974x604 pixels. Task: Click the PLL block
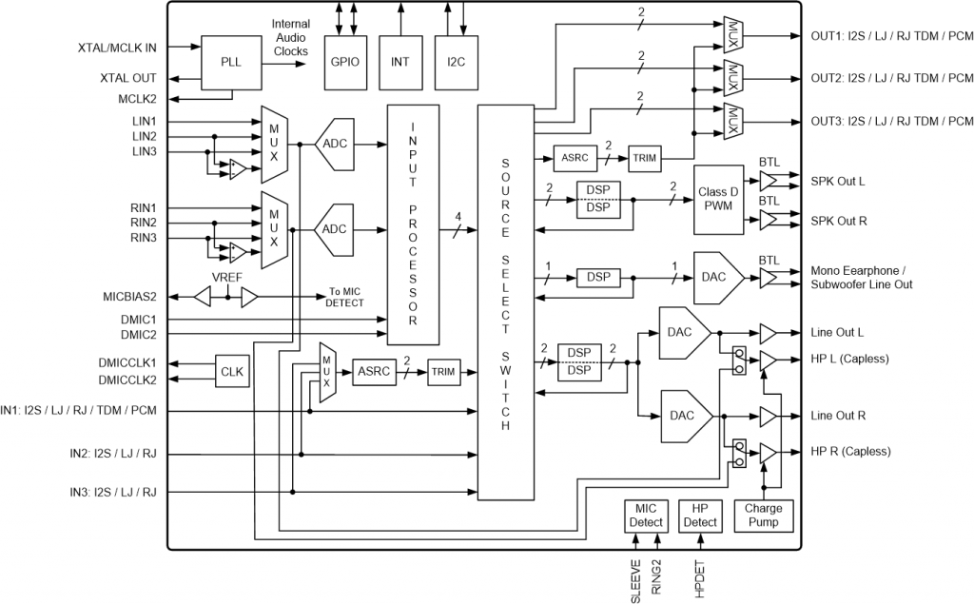pyautogui.click(x=231, y=63)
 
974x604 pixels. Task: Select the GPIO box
pyautogui.click(x=344, y=62)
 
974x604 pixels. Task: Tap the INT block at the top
pyautogui.click(x=400, y=62)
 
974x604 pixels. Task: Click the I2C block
pyautogui.click(x=456, y=62)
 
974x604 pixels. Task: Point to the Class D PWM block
pyautogui.click(x=719, y=200)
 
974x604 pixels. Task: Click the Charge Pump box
pyautogui.click(x=763, y=515)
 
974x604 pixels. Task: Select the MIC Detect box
pyautogui.click(x=646, y=515)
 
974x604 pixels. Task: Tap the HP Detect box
pyautogui.click(x=701, y=515)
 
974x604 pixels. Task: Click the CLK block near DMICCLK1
pyautogui.click(x=231, y=371)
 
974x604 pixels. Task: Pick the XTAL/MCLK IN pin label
pyautogui.click(x=118, y=47)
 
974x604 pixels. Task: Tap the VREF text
pyautogui.click(x=227, y=278)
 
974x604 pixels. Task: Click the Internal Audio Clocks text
pyautogui.click(x=290, y=37)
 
